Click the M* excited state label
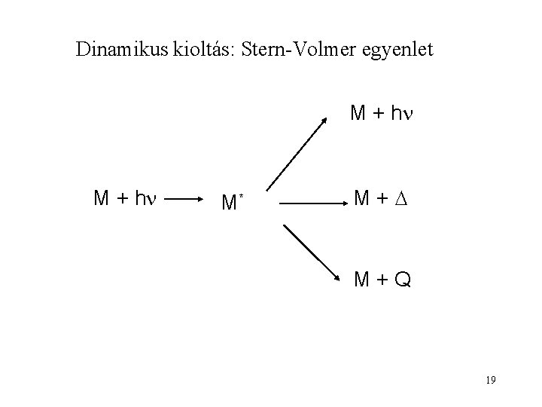tap(228, 202)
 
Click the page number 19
tap(491, 379)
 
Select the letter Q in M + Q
tap(402, 280)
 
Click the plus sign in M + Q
tap(382, 280)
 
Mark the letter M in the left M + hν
tap(102, 199)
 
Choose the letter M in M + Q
tap(363, 280)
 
